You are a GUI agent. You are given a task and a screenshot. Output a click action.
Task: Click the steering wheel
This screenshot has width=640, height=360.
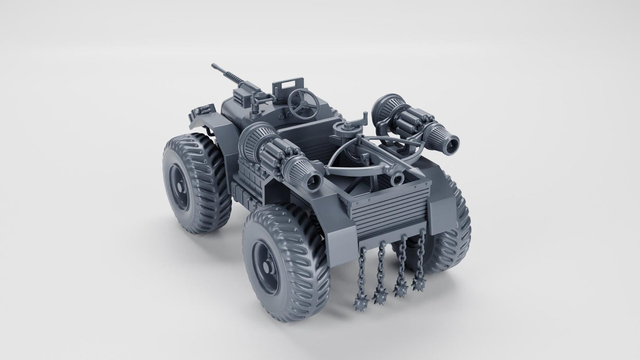[x=303, y=101]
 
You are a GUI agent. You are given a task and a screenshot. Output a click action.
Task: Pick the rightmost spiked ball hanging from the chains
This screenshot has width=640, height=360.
[x=419, y=283]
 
